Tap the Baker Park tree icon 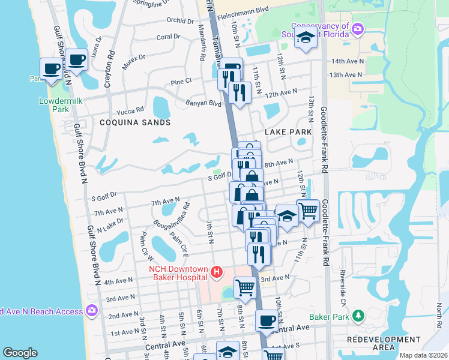pos(358,316)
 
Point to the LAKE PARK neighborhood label pos(288,132)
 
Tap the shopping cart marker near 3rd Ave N pos(245,287)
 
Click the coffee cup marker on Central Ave pos(267,320)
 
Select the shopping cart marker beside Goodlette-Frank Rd pos(308,211)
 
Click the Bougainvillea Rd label pos(171,216)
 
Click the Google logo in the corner pos(20,353)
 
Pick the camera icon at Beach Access pos(92,310)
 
